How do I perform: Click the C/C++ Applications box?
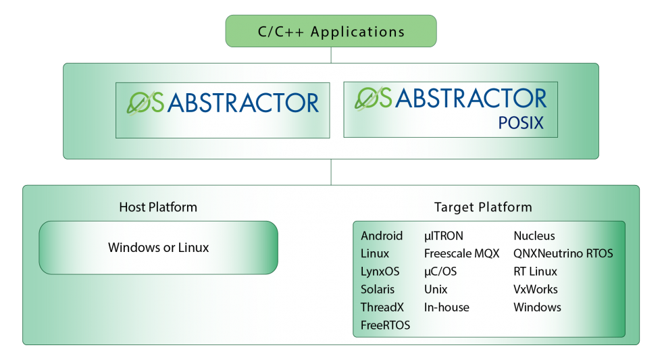click(x=331, y=32)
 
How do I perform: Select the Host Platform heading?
click(x=158, y=207)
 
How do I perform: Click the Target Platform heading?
click(x=483, y=207)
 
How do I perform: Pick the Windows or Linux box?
click(x=158, y=248)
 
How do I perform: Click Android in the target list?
click(x=382, y=236)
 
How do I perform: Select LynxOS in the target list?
click(x=380, y=272)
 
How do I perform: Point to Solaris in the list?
click(x=378, y=289)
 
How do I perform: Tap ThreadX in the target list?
click(x=382, y=307)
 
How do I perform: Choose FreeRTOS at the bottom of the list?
click(x=385, y=325)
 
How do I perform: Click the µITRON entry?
click(x=444, y=236)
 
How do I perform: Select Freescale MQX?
click(x=461, y=254)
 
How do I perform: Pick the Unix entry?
click(x=436, y=289)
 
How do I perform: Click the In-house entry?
click(x=447, y=307)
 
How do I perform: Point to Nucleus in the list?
click(x=534, y=236)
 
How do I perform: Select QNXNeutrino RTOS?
click(x=563, y=254)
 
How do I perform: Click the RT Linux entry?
click(x=535, y=272)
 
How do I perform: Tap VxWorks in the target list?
click(x=536, y=289)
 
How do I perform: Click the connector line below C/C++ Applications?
click(x=331, y=55)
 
